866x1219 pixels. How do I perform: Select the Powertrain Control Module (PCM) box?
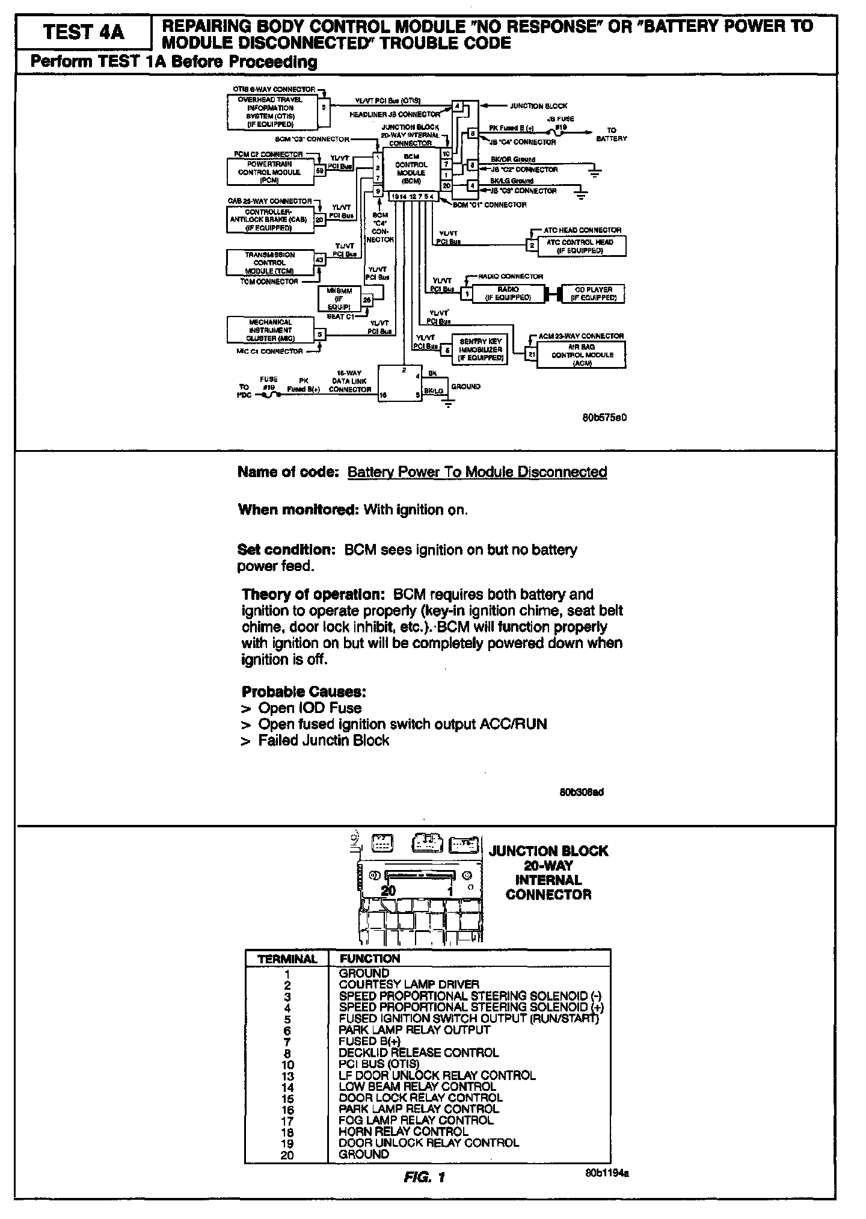click(271, 171)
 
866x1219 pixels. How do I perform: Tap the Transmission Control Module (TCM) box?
click(269, 262)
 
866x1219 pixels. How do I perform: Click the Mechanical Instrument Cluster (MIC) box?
click(270, 330)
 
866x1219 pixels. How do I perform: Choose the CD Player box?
click(593, 294)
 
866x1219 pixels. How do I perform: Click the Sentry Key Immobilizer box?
click(481, 350)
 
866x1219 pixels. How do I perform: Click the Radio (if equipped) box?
click(508, 294)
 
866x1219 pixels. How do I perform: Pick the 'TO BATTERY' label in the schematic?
click(611, 134)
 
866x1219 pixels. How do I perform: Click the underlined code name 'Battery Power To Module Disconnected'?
click(477, 472)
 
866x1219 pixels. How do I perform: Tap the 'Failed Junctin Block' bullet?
click(324, 740)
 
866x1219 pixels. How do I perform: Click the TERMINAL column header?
click(287, 959)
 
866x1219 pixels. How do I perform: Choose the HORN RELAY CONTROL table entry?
click(403, 1131)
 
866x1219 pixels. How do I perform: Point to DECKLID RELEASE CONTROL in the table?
click(419, 1052)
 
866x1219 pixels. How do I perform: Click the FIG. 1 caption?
click(424, 1177)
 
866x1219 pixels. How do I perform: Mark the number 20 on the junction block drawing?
click(388, 890)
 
